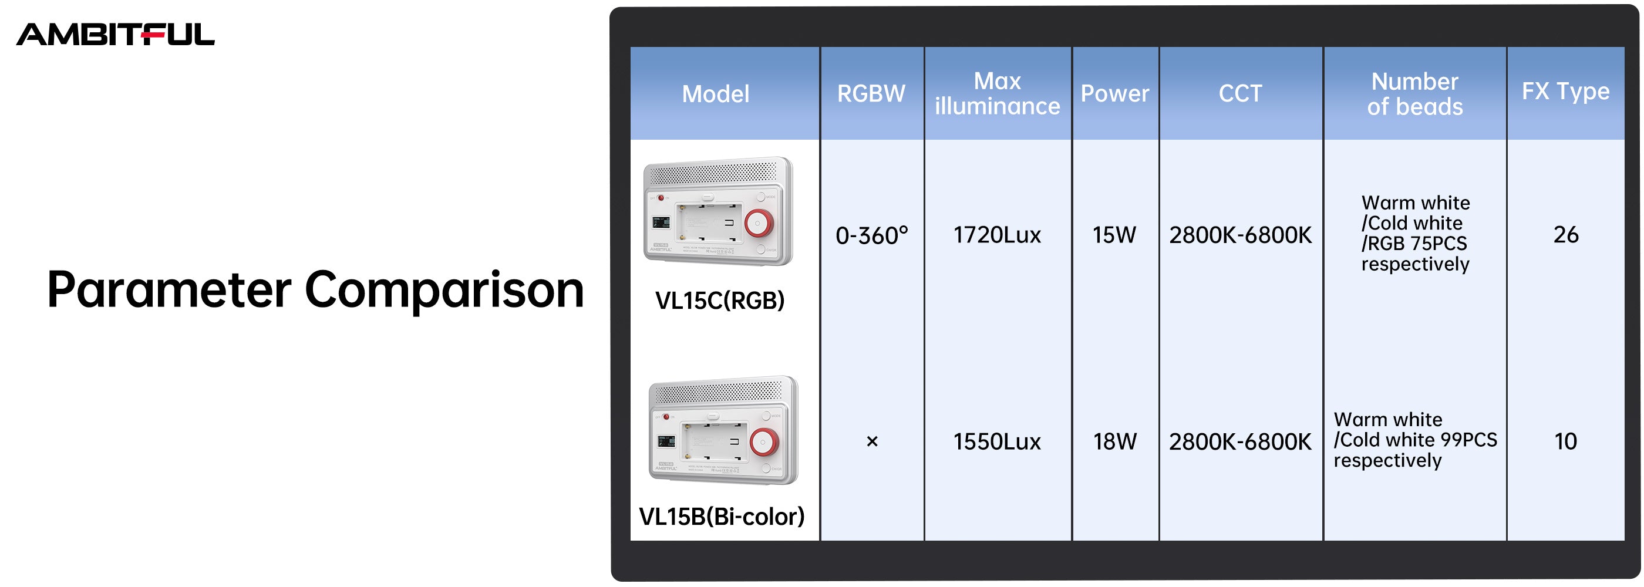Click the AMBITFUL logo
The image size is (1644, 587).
click(x=116, y=35)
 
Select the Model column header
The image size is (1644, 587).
click(x=715, y=94)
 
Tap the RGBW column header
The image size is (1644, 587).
click(x=871, y=93)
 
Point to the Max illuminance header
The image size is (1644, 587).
click(x=998, y=93)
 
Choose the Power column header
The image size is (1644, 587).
click(x=1115, y=93)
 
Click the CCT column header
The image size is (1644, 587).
click(x=1240, y=93)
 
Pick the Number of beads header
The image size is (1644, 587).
click(x=1415, y=94)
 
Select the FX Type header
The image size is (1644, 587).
click(x=1565, y=91)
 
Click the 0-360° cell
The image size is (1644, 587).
click(x=872, y=235)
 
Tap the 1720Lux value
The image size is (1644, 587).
click(x=997, y=235)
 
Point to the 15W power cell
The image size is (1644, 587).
click(x=1114, y=235)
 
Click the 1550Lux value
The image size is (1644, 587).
click(x=997, y=441)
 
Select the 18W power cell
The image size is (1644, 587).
click(x=1115, y=441)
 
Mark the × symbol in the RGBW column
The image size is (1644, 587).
click(x=872, y=441)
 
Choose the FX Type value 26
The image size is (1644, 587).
click(x=1565, y=235)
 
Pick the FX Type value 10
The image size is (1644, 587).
click(x=1565, y=441)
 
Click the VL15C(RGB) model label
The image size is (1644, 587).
click(x=720, y=301)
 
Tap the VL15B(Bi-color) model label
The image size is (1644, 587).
click(x=722, y=516)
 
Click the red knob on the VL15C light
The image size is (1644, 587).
click(x=759, y=222)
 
